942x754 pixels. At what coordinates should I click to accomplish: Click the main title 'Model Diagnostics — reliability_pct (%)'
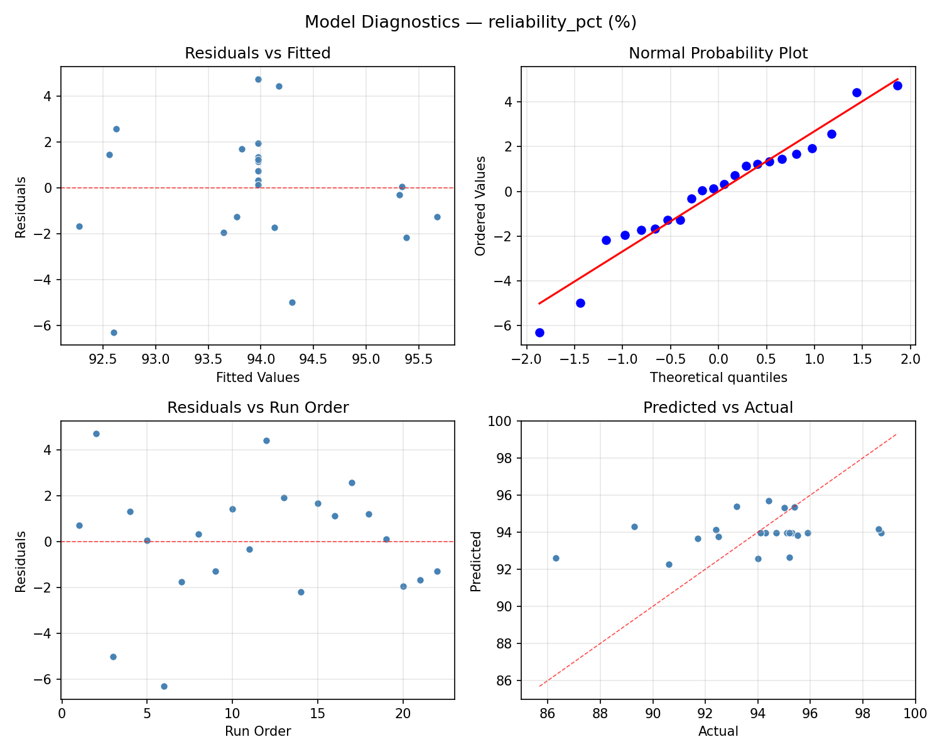(x=470, y=23)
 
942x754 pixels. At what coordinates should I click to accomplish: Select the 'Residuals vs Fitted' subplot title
(x=257, y=53)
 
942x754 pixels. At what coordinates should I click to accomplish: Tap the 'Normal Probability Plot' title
(x=718, y=53)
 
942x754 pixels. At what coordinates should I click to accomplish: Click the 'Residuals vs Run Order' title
(x=257, y=407)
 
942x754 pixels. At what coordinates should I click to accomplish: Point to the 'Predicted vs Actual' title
(x=718, y=407)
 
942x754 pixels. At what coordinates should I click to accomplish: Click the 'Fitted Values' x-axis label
(x=257, y=378)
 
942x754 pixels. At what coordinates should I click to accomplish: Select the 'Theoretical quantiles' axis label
(x=718, y=378)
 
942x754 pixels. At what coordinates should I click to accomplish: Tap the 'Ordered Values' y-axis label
(x=480, y=205)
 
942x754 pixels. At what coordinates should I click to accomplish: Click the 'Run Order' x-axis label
(x=257, y=731)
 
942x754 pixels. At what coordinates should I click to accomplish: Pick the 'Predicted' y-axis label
(x=476, y=561)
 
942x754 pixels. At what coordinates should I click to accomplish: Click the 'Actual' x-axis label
(x=718, y=731)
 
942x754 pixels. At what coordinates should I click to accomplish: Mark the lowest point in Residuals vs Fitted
(x=114, y=332)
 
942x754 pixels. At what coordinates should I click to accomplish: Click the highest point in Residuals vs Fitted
(x=258, y=79)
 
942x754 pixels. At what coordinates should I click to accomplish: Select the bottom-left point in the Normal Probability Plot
(x=539, y=332)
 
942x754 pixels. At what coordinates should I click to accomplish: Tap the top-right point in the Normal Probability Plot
(x=897, y=85)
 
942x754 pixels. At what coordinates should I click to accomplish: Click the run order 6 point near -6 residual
(x=164, y=686)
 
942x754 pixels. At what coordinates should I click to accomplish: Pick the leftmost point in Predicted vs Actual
(x=556, y=558)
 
